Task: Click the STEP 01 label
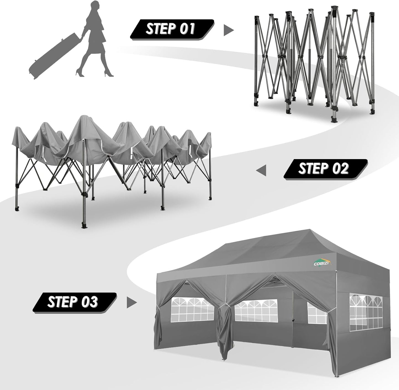tap(171, 29)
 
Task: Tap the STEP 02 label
tap(324, 169)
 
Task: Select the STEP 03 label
tap(73, 302)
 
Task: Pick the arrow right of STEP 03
tap(132, 303)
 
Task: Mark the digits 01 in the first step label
tap(186, 29)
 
